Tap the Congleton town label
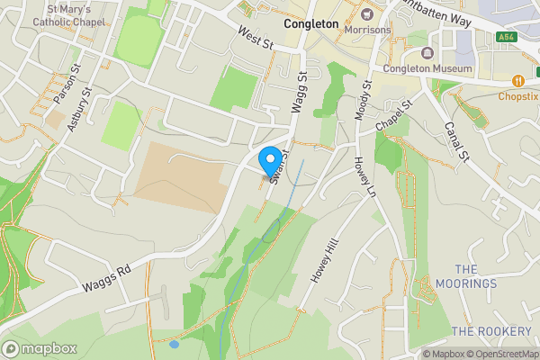click(x=310, y=24)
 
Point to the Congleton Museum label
click(x=427, y=68)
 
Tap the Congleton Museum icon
click(x=427, y=52)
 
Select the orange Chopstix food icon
click(x=518, y=79)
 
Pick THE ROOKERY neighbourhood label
click(x=491, y=331)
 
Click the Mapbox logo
click(x=39, y=348)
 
